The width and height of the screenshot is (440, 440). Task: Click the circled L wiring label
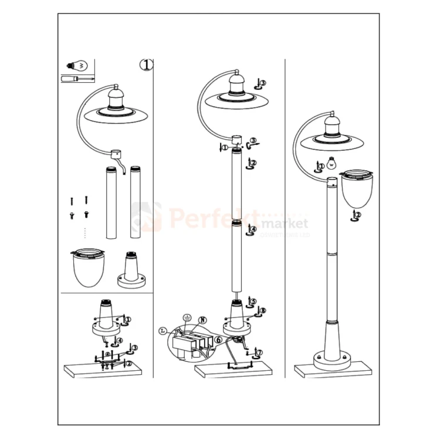[163, 331]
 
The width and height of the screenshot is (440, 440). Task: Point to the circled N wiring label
[203, 320]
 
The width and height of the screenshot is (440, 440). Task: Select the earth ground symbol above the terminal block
[187, 317]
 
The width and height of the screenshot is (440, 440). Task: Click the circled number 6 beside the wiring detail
[218, 340]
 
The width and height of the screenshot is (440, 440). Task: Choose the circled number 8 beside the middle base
[263, 311]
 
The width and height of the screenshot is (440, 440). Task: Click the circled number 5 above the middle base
[253, 301]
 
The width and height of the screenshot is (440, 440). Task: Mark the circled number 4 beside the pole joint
[253, 229]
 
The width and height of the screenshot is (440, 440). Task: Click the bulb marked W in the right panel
[331, 163]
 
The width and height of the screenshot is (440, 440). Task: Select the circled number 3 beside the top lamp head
[262, 83]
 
